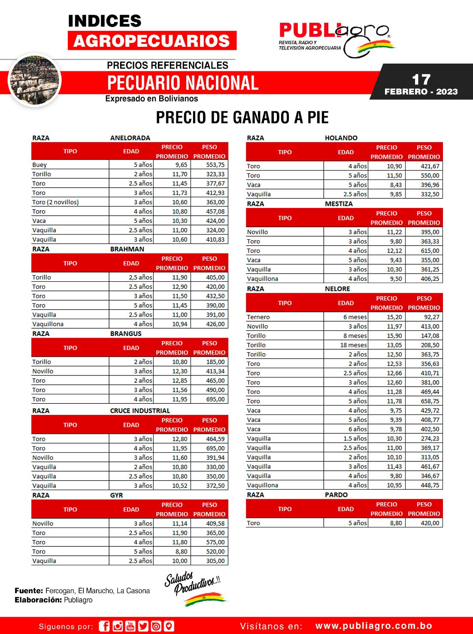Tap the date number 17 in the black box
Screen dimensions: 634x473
(421, 79)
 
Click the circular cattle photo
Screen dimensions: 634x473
(35, 80)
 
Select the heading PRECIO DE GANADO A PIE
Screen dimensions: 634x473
(242, 117)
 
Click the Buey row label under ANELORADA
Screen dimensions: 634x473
(39, 165)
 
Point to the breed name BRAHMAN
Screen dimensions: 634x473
(127, 249)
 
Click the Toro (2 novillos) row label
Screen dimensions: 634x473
(55, 202)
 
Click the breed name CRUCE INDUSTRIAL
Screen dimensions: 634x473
(140, 411)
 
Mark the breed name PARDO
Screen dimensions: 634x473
(336, 495)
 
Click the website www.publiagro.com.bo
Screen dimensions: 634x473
(373, 626)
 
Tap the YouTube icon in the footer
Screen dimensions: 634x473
(130, 626)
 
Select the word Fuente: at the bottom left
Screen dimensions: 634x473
(29, 591)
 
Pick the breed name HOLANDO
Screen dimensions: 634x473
(341, 138)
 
